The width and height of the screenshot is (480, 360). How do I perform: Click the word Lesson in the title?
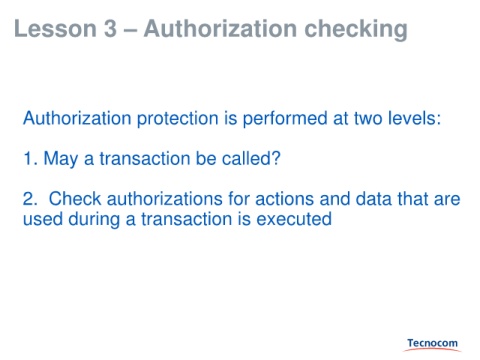point(56,29)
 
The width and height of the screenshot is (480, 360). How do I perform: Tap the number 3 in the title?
point(110,29)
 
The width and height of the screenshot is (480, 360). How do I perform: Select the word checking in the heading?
point(356,31)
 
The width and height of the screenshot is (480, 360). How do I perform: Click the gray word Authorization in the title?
point(220,29)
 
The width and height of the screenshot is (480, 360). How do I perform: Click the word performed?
point(285,119)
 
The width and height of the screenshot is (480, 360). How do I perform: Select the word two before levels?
point(368,119)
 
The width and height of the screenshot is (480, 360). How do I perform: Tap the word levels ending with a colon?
point(414,118)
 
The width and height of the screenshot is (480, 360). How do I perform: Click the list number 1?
point(30,159)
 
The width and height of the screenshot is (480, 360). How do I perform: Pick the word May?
point(61,159)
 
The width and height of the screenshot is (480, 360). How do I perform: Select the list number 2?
point(30,199)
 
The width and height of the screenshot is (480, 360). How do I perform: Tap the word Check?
point(75,199)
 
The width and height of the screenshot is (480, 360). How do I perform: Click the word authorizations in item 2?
point(165,199)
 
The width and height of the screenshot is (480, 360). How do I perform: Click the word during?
point(94,220)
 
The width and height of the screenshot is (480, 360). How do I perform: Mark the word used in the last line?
point(43,219)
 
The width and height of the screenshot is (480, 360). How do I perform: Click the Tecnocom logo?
point(432,344)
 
